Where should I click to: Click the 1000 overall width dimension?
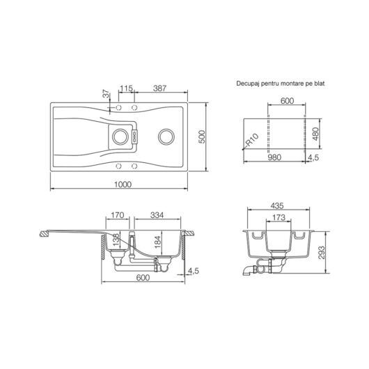pos(123,184)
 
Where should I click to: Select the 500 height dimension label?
pos(202,136)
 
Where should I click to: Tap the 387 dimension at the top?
pos(160,88)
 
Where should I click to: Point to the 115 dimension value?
pos(127,88)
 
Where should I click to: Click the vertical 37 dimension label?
pos(107,94)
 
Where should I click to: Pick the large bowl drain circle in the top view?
pos(166,136)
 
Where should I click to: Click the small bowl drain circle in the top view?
pos(120,136)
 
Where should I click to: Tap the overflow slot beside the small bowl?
pos(135,137)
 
